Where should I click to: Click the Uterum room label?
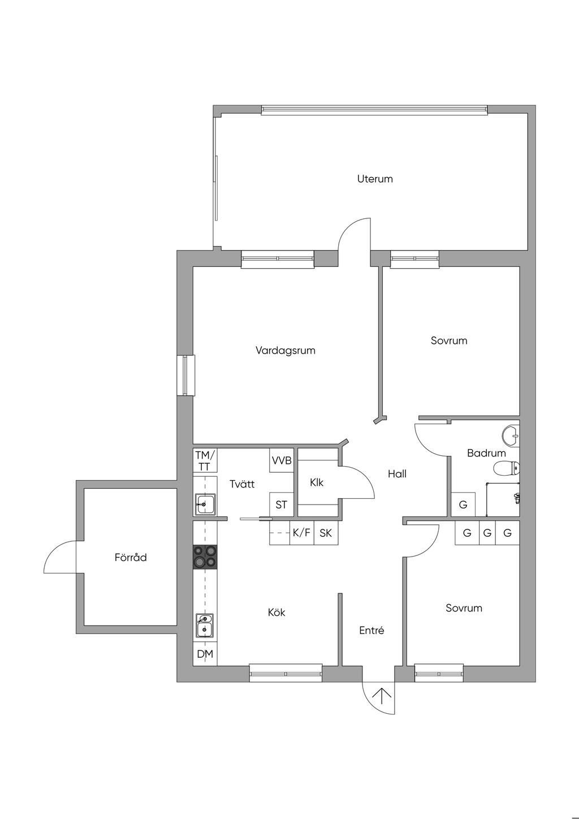coord(375,179)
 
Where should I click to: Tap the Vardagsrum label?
coord(285,350)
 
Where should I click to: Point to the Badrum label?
coord(486,453)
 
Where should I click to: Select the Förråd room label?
coord(131,557)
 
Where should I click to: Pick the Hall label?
coord(397,474)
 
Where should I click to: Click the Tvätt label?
coord(242,484)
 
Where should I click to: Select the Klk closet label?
coord(317,482)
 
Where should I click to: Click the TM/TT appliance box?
coord(205,460)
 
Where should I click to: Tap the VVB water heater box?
coord(282,460)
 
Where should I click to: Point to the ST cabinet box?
coord(282,505)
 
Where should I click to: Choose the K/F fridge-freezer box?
coord(302,532)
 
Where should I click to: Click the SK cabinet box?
coord(326,532)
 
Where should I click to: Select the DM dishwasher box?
coord(205,654)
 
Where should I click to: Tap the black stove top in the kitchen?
coord(205,557)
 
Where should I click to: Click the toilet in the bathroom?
coord(506,468)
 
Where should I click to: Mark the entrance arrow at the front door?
coord(378,696)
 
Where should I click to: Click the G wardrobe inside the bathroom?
coord(463,505)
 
